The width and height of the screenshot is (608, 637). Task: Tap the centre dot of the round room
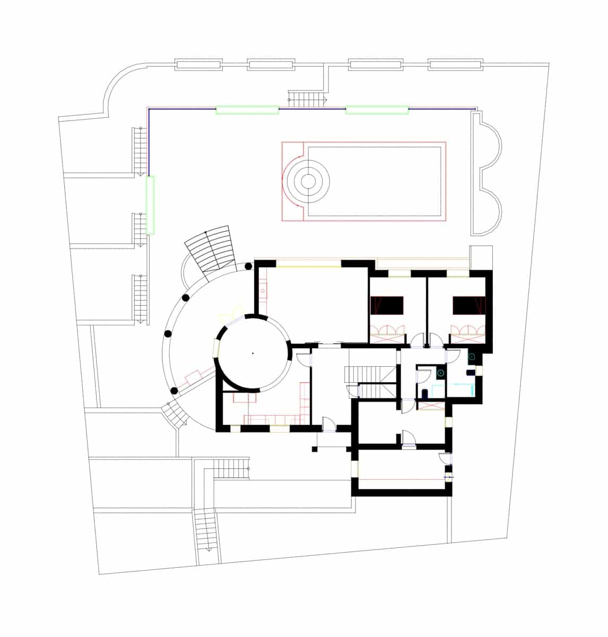coord(253,352)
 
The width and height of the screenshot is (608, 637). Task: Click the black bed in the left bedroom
coord(389,306)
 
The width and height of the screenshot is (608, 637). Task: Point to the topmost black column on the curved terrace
coord(249,267)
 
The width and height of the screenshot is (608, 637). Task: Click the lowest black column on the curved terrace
coord(173,391)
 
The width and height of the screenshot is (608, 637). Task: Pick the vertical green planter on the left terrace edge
coord(151,205)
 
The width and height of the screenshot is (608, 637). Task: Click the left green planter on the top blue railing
coord(247,110)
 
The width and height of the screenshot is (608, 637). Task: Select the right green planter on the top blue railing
coord(377,110)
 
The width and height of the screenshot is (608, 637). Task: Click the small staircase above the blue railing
coord(307,98)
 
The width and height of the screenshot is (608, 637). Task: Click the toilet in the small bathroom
coord(425,393)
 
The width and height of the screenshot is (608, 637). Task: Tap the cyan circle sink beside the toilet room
coord(440,374)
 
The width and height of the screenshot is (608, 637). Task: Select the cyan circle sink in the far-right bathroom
coord(470,357)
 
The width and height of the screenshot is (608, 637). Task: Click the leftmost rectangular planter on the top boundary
coord(199,65)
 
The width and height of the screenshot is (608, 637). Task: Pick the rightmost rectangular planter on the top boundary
coord(456,65)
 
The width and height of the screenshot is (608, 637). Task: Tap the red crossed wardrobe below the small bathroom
coord(431,406)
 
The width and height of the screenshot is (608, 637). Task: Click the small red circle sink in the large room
coord(263,291)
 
